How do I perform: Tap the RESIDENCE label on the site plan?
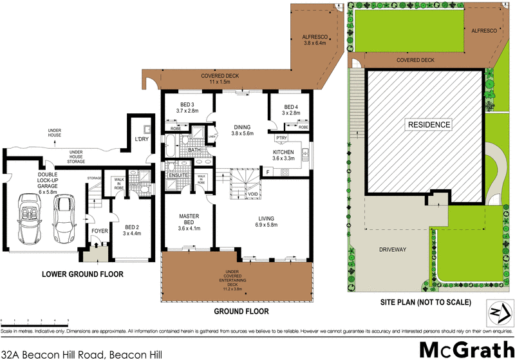coord(428,124)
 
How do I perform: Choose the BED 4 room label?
coord(290,109)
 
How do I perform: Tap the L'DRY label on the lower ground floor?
coord(142,139)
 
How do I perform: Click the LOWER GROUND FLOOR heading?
coord(82,274)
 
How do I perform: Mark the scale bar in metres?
coord(35,323)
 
